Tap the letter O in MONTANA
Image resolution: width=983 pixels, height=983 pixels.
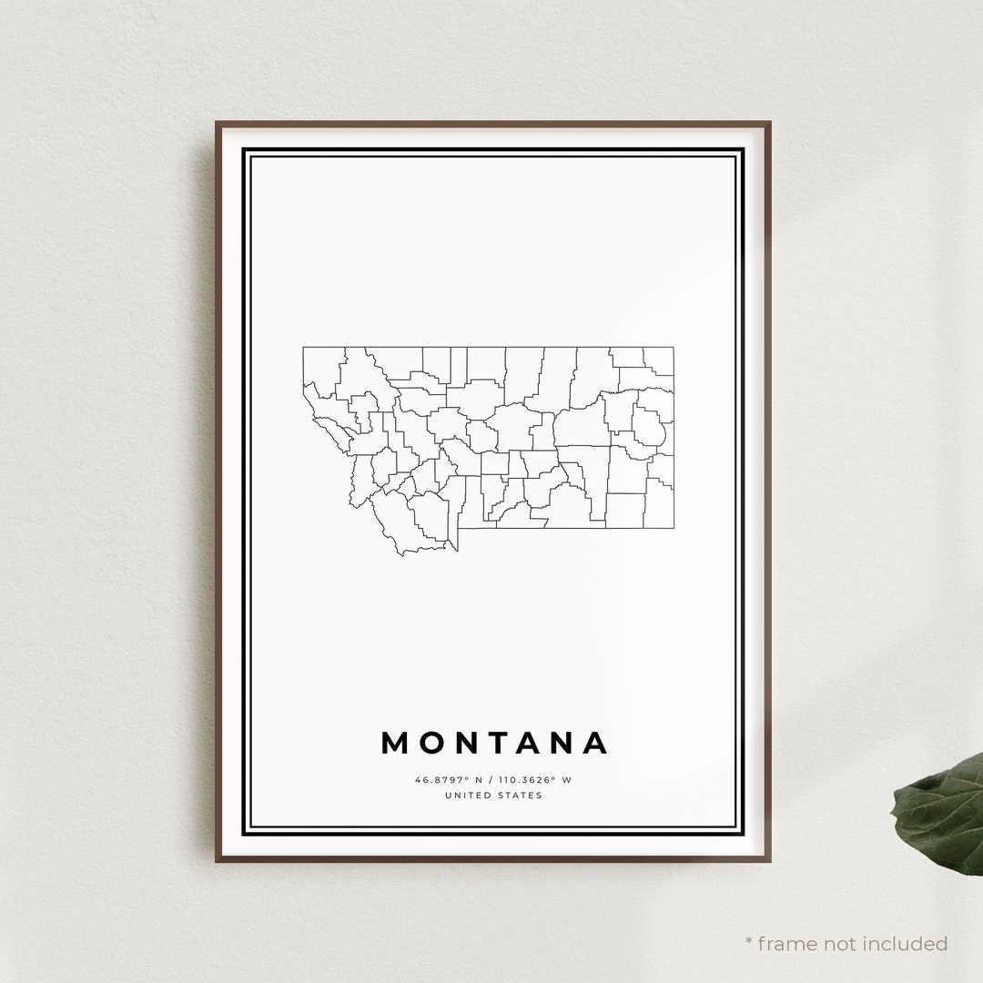click(433, 743)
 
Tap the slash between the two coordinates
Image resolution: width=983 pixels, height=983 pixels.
click(490, 779)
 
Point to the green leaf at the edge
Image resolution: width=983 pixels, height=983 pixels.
click(942, 810)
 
